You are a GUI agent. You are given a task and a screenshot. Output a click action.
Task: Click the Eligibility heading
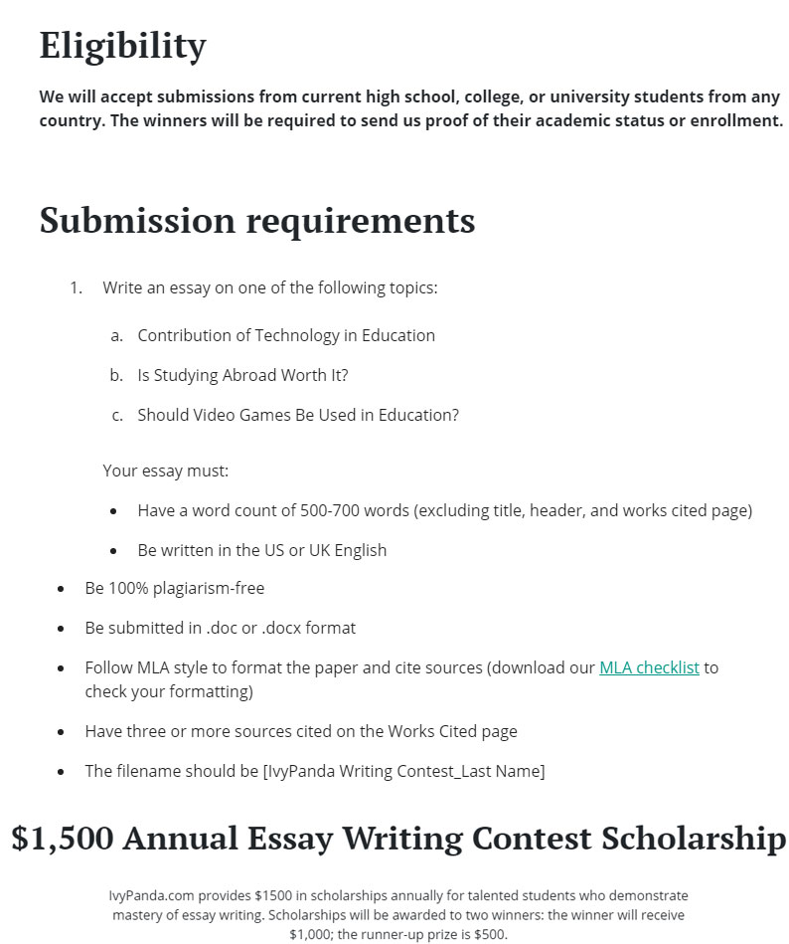click(x=122, y=46)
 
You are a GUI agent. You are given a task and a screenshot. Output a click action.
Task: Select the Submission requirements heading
click(x=257, y=220)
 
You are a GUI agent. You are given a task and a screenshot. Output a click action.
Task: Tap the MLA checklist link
click(x=649, y=667)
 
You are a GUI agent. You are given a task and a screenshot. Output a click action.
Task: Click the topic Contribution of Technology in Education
click(x=286, y=335)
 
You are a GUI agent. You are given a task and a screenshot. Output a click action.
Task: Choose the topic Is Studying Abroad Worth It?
click(x=242, y=375)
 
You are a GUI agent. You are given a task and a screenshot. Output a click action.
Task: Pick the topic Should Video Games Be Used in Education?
click(x=298, y=415)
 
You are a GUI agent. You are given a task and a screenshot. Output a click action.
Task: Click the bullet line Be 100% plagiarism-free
click(x=175, y=588)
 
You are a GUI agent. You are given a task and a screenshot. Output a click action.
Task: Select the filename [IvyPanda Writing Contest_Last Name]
click(x=403, y=771)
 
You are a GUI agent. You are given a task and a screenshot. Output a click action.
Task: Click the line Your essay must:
click(x=165, y=471)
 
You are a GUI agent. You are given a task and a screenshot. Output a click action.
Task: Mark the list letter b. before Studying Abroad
click(x=116, y=375)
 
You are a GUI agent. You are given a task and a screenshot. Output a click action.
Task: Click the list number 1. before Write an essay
click(x=76, y=287)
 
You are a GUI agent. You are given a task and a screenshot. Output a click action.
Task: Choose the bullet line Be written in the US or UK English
click(x=262, y=550)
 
